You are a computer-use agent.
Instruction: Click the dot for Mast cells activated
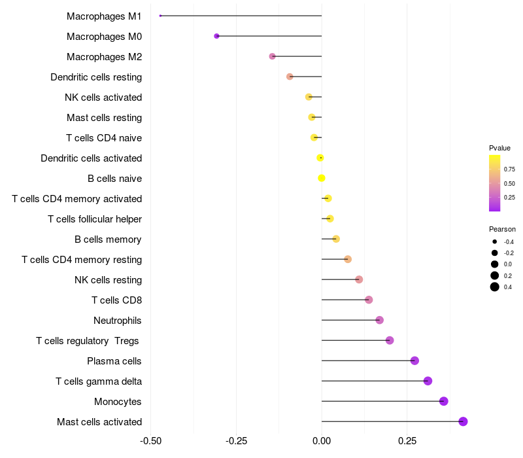point(463,421)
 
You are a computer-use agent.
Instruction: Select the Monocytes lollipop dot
point(444,401)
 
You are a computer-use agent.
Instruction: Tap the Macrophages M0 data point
point(216,37)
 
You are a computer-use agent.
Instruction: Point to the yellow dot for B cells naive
point(322,178)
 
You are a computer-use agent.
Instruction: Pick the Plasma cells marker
point(414,361)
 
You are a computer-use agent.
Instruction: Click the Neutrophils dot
point(379,320)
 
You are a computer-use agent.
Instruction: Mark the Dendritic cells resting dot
point(290,77)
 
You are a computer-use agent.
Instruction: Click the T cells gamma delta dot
point(428,381)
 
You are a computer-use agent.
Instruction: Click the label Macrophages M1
point(104,16)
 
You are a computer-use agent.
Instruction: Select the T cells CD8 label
point(116,300)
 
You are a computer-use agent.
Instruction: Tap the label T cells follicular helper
point(95,219)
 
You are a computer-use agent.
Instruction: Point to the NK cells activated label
point(103,97)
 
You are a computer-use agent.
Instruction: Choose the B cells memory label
point(108,239)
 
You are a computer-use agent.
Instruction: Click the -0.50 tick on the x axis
point(151,440)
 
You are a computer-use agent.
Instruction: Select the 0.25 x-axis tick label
point(407,440)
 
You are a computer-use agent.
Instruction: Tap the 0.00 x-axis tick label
point(322,440)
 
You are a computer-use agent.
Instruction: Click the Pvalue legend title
point(499,148)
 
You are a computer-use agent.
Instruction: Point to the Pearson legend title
point(502,230)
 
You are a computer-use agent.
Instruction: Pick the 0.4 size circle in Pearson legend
point(495,287)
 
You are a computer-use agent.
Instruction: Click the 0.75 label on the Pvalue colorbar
point(509,169)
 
